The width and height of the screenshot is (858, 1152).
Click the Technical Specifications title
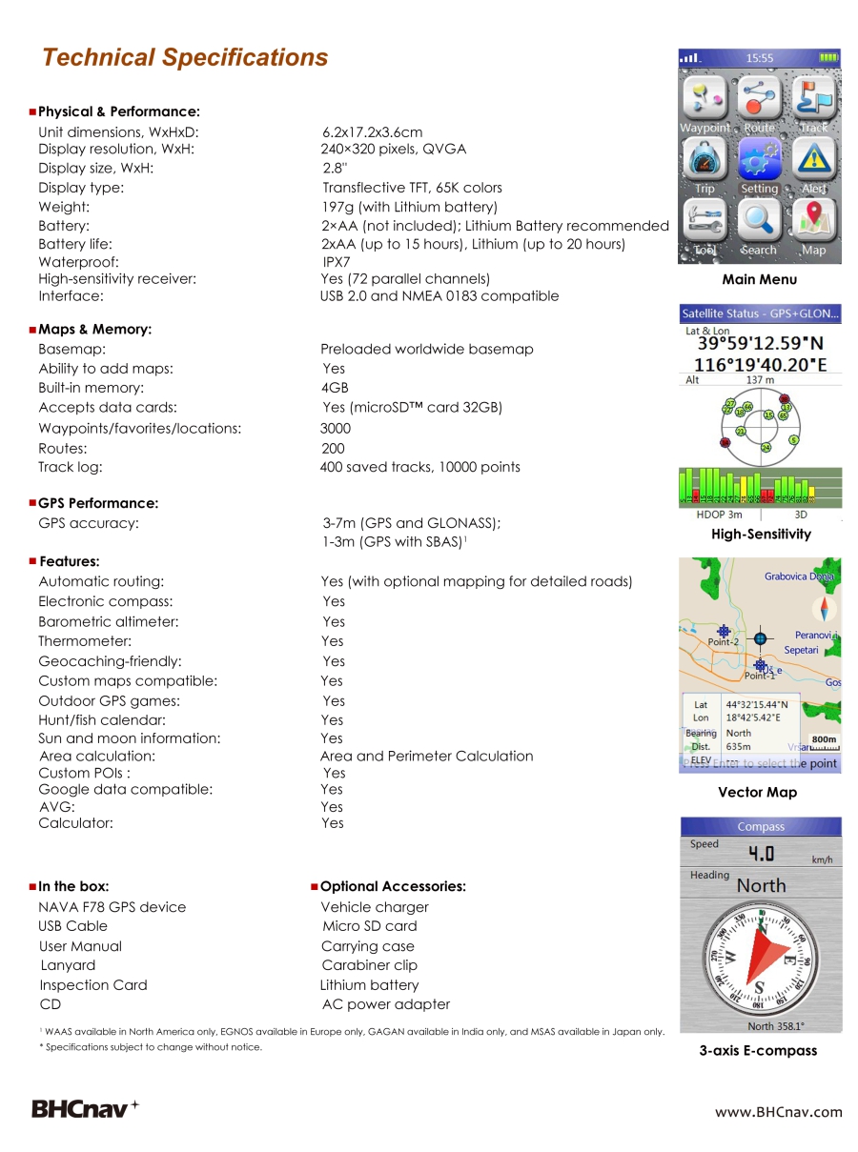(185, 58)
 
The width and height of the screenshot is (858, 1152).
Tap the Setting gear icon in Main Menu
(759, 159)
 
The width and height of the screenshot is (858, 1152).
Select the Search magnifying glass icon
(759, 220)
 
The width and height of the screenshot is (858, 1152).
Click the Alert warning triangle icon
(813, 159)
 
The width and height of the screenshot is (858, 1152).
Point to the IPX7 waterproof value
(337, 261)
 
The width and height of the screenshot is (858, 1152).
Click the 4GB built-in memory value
(335, 388)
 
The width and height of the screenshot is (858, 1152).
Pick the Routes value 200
(333, 448)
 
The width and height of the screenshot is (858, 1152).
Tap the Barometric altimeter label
(109, 621)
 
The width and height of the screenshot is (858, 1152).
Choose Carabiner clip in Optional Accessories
(369, 965)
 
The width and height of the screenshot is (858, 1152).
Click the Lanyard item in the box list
(68, 965)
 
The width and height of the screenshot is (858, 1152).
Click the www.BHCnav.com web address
(779, 1111)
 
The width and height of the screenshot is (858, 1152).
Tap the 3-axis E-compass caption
(758, 1051)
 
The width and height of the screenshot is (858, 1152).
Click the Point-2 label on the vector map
(723, 642)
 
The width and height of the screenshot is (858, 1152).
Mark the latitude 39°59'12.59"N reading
(761, 344)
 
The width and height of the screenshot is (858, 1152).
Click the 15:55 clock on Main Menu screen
(760, 58)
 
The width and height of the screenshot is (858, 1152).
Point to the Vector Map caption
(757, 793)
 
